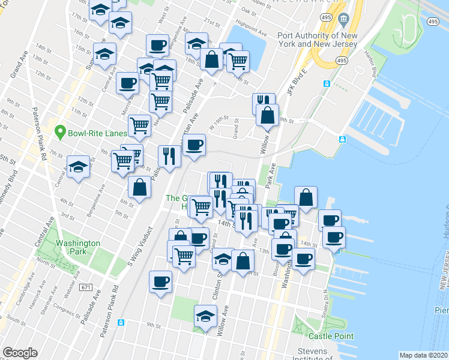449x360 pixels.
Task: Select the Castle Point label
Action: pos(331,337)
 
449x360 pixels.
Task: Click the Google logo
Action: pos(20,353)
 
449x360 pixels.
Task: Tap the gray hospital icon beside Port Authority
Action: pos(343,19)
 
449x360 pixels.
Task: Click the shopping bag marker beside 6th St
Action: pos(139,188)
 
